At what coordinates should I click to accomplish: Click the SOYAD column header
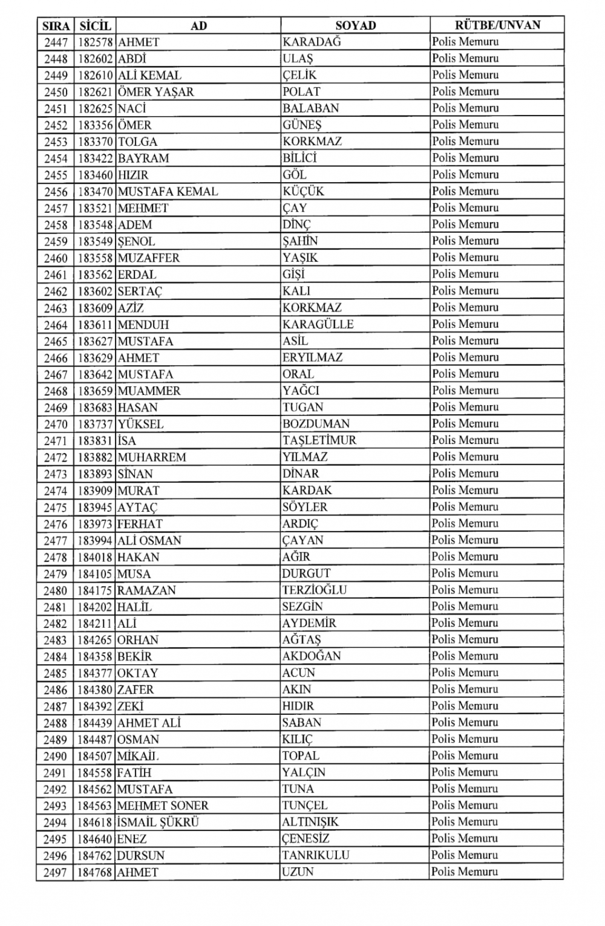pyautogui.click(x=355, y=25)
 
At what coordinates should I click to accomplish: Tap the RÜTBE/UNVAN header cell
pyautogui.click(x=497, y=25)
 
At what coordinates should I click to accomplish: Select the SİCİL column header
pyautogui.click(x=95, y=25)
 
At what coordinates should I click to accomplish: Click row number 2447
pyautogui.click(x=56, y=42)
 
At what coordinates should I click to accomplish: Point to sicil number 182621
pyautogui.click(x=96, y=92)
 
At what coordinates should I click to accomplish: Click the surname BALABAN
pyautogui.click(x=311, y=108)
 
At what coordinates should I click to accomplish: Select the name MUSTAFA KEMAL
pyautogui.click(x=168, y=192)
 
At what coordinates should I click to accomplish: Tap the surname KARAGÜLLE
pyautogui.click(x=318, y=324)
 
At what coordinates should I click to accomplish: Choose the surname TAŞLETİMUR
pyautogui.click(x=319, y=440)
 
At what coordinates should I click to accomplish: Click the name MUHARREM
pyautogui.click(x=151, y=457)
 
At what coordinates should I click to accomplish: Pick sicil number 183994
pyautogui.click(x=96, y=540)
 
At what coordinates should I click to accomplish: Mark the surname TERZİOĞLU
pyautogui.click(x=314, y=590)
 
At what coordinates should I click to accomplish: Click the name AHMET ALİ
pyautogui.click(x=149, y=723)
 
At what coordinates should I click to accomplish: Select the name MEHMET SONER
pyautogui.click(x=162, y=806)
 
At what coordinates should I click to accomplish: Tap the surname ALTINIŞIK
pyautogui.click(x=310, y=822)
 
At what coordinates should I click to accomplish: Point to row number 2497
pyautogui.click(x=56, y=872)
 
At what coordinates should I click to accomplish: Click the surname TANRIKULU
pyautogui.click(x=315, y=855)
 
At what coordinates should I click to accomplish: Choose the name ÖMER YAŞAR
pyautogui.click(x=155, y=92)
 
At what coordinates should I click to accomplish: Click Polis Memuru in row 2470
pyautogui.click(x=465, y=423)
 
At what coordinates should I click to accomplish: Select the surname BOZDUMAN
pyautogui.click(x=316, y=424)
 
